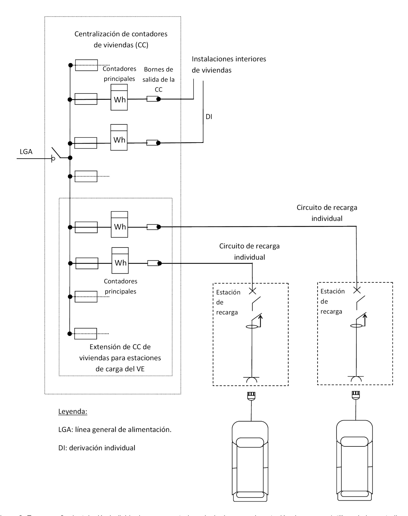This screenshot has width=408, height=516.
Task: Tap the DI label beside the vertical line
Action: [x=209, y=117]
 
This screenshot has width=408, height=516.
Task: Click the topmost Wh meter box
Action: [x=119, y=97]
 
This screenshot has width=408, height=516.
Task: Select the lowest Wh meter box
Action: [x=120, y=260]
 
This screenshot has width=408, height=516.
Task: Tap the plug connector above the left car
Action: [x=251, y=395]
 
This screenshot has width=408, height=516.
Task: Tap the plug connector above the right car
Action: [x=355, y=395]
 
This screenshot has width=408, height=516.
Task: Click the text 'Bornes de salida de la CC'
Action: [x=158, y=79]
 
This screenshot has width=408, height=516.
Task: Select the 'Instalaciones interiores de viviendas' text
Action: [x=229, y=65]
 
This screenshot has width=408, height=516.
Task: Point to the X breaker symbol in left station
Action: [x=252, y=291]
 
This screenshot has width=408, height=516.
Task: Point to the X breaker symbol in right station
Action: [x=357, y=290]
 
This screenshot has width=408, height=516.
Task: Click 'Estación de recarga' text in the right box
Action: [x=332, y=301]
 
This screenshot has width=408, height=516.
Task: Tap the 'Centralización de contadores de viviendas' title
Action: [x=121, y=39]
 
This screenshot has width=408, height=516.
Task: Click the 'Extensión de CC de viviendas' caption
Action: [x=120, y=358]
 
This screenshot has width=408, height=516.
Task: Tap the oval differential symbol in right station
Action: [x=356, y=326]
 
